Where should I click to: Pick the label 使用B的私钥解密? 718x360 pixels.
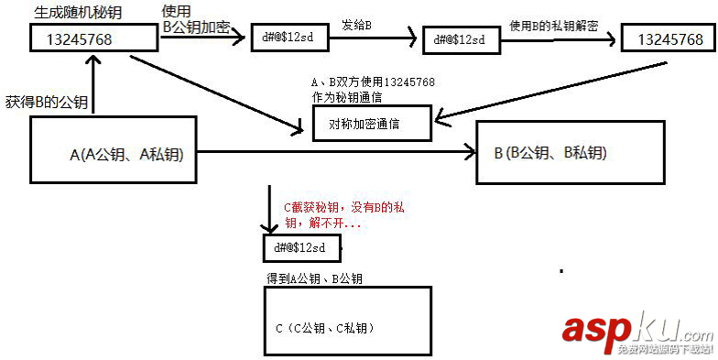click(x=553, y=27)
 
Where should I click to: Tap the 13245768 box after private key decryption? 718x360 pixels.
click(x=668, y=39)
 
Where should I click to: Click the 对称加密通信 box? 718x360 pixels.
click(x=371, y=122)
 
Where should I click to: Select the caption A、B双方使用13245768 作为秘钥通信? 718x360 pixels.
click(x=373, y=89)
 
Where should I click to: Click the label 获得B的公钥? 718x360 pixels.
click(x=47, y=103)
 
